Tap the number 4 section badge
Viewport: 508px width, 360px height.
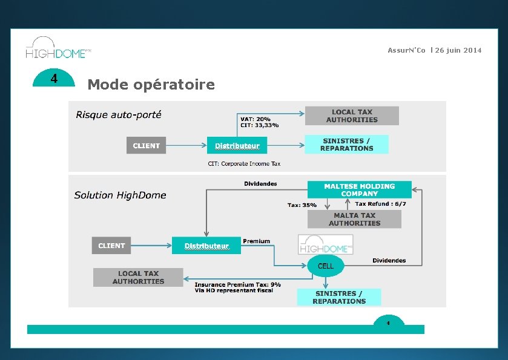click(x=54, y=79)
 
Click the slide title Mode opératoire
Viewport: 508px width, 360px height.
click(x=151, y=84)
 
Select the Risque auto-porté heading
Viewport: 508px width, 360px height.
click(x=119, y=114)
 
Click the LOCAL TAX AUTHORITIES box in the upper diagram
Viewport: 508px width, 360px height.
click(x=352, y=116)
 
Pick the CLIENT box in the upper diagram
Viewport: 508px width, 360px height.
click(x=146, y=145)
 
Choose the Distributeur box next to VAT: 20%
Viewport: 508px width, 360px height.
click(x=237, y=145)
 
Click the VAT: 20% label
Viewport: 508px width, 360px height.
click(x=256, y=119)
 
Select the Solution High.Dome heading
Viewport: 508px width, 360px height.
click(x=120, y=195)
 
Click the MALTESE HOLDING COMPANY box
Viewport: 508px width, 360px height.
click(x=359, y=190)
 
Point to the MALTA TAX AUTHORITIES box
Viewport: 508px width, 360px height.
click(x=354, y=219)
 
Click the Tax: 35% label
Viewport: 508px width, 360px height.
click(x=302, y=205)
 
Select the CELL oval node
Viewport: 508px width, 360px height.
click(x=326, y=266)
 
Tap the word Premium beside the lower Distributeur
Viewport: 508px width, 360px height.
click(x=256, y=241)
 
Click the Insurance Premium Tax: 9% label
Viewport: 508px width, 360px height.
click(x=237, y=284)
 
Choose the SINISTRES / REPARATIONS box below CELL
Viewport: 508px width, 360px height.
click(x=339, y=297)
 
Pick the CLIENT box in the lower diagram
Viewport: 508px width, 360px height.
click(x=111, y=246)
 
